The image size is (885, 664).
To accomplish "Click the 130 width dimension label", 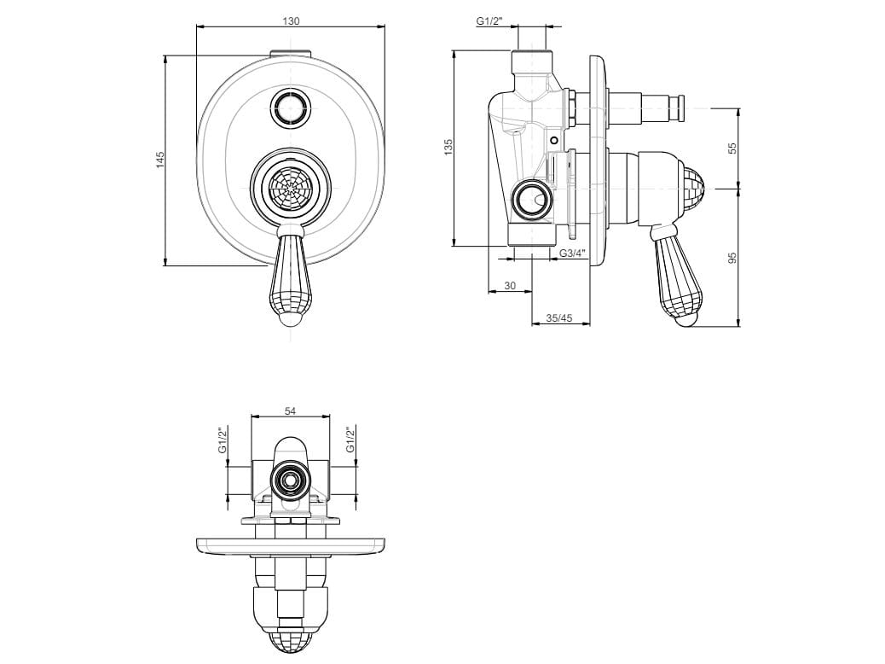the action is coord(290,20).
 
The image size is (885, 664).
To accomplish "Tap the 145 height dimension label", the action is coord(159,160).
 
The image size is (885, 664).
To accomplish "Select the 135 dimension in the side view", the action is coord(448,147).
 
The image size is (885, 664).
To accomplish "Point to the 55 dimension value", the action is coord(732,148).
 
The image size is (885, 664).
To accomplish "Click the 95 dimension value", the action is coord(732,258).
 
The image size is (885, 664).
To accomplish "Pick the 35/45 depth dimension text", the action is coord(559,318).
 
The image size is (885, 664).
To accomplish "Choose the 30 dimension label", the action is coord(510,286).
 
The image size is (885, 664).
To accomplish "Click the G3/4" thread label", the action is coord(573,253).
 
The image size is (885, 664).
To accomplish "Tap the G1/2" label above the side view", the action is coord(489,20).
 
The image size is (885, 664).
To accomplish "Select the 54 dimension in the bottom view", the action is coord(290,411).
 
